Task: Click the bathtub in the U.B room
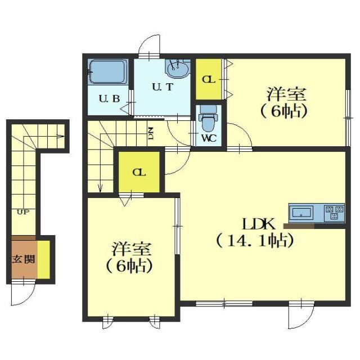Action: (107, 72)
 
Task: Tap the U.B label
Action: (109, 99)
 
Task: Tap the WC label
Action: (209, 137)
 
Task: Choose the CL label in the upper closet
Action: (209, 79)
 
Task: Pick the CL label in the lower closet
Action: (138, 173)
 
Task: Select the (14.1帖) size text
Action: (255, 241)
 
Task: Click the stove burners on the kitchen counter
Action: (334, 213)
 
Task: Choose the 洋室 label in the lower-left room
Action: (130, 247)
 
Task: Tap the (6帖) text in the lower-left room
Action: (130, 266)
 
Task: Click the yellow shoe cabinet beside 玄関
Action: (43, 259)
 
